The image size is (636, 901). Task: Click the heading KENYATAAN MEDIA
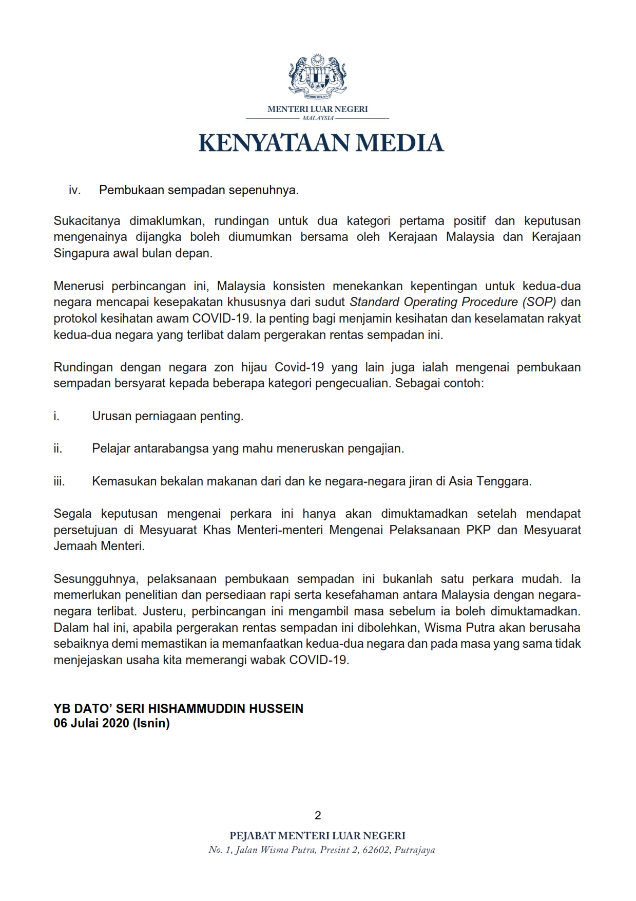pos(321,143)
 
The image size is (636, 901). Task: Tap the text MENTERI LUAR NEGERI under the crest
pos(318,109)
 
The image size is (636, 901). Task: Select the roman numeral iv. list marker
pos(74,190)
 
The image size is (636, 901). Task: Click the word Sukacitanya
pos(87,221)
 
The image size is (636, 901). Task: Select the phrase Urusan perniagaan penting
pos(167,416)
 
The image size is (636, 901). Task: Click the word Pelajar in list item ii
pos(111,448)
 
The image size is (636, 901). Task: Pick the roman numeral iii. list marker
pos(59,481)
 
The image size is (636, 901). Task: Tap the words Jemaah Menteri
pos(99,546)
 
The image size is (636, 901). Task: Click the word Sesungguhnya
pos(95,579)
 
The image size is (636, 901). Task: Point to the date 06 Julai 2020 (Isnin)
pos(111,723)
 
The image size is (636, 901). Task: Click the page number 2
pos(318,815)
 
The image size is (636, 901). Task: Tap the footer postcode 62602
pos(376,850)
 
